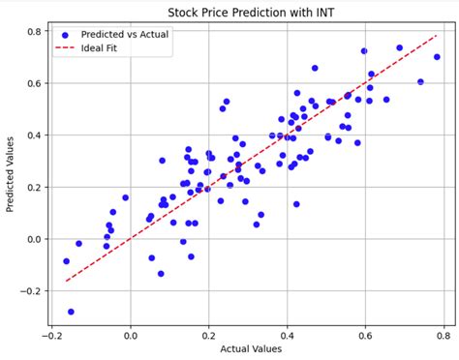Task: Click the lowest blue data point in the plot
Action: tap(71, 312)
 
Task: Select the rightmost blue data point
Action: tap(437, 57)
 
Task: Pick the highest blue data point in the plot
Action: tap(399, 47)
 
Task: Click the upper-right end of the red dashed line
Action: tap(437, 36)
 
